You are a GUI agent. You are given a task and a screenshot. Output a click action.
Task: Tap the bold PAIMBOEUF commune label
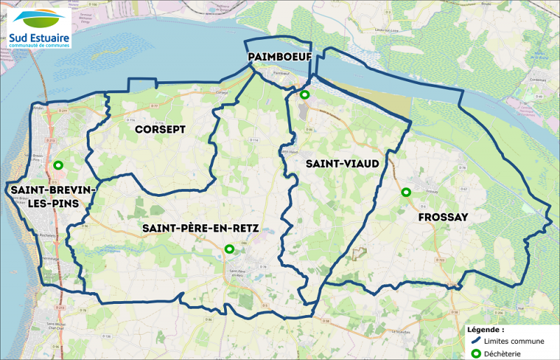[x=279, y=55]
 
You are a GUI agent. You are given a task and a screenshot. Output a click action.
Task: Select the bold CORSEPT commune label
[x=160, y=130]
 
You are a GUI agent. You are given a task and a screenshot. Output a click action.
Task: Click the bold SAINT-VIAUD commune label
[x=342, y=163]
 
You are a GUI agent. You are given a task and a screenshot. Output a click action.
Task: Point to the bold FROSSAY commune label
[x=442, y=218]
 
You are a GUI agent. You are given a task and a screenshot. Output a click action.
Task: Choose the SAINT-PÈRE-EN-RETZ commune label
[x=200, y=228]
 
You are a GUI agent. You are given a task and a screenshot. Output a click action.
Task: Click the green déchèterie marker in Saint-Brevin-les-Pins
[x=58, y=166]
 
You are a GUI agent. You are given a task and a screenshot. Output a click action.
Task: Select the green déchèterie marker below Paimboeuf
[x=304, y=95]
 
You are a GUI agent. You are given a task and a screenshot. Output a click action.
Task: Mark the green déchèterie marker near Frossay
[x=405, y=192]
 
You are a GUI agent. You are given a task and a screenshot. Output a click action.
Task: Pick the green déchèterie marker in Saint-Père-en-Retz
[x=229, y=249]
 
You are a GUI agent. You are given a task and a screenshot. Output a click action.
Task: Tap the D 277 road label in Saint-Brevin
[x=62, y=111]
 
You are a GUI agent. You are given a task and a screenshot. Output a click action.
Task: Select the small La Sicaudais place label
[x=401, y=331]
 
